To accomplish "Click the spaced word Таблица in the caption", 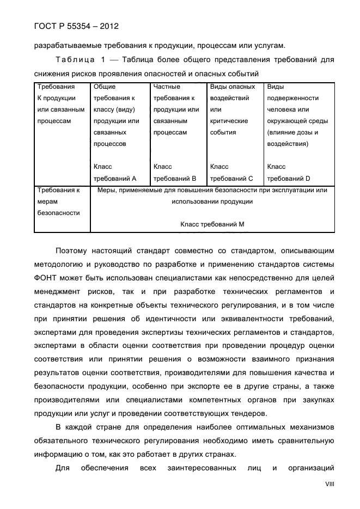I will click(x=77, y=59).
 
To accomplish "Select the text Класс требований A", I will click(x=115, y=173).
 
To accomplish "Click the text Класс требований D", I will click(x=289, y=173).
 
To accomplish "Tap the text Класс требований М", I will click(x=212, y=224).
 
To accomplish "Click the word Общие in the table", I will click(x=105, y=87).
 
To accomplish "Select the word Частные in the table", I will click(x=167, y=87).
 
